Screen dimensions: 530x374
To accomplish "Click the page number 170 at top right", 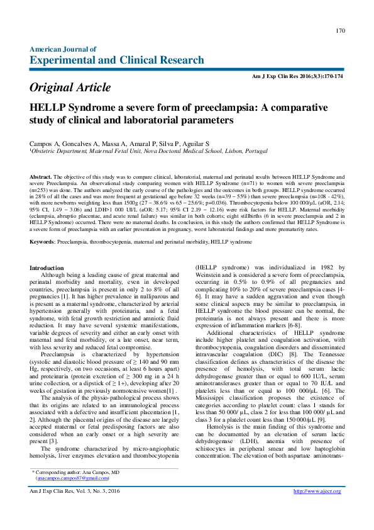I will coord(340,30).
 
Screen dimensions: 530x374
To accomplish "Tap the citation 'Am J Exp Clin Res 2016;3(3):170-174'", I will coord(297,76).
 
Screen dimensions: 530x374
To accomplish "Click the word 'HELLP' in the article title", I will coord(51,107).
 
